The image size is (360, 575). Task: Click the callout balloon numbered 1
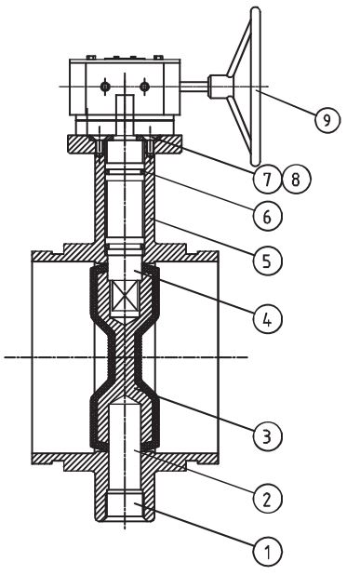coord(268,551)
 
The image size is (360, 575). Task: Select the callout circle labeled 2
coord(268,499)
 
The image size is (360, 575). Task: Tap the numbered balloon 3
coord(268,436)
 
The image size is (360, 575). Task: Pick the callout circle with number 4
coord(268,319)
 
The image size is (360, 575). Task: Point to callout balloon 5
coord(268,261)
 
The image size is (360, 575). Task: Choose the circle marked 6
coord(268,217)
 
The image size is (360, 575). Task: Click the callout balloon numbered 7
coord(268,180)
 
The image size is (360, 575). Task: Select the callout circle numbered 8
coord(296,180)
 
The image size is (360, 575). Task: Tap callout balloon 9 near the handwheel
coord(327,119)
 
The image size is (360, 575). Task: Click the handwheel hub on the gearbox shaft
coord(219,87)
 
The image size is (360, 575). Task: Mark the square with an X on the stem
coord(125,296)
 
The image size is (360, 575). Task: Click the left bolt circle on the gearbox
coord(105,87)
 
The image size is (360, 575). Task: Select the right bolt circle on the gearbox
coord(144,87)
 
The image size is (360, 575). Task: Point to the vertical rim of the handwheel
coord(256,87)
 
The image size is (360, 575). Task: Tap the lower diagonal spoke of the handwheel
coord(240,127)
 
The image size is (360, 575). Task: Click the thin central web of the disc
coord(125,356)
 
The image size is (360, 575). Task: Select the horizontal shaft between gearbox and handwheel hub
coord(194,87)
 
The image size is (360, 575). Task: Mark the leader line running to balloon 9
coord(286,102)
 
